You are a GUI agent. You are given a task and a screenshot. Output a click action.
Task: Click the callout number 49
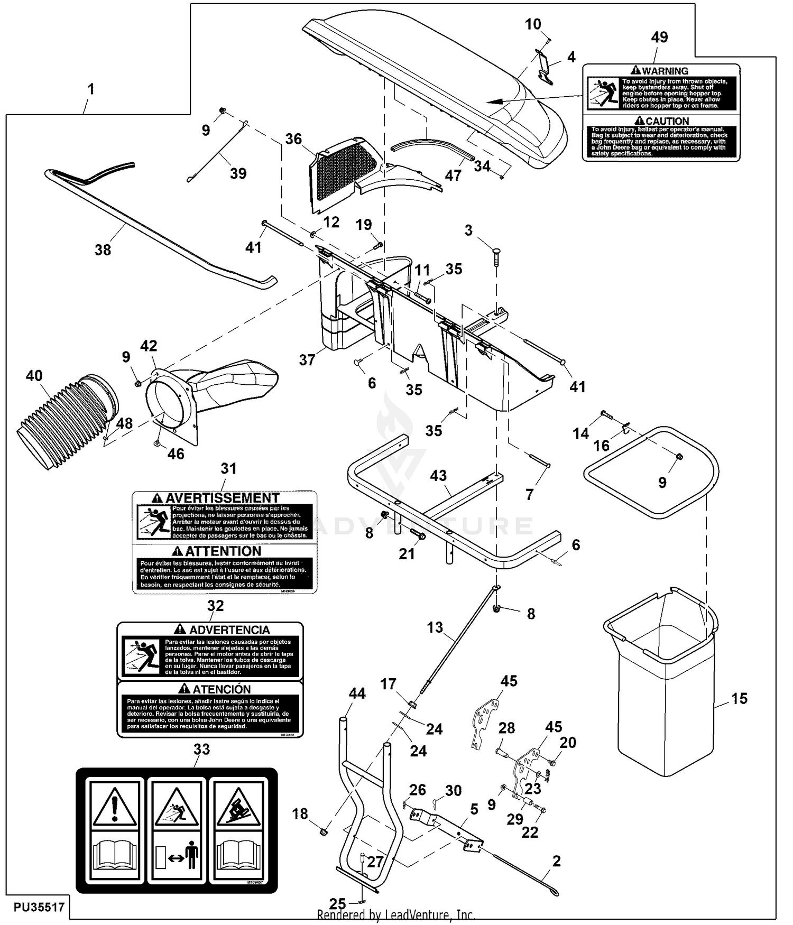coord(659,38)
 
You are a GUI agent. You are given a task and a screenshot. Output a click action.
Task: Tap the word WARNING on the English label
coord(665,71)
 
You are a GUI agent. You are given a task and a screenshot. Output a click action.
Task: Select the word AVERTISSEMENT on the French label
coord(222,498)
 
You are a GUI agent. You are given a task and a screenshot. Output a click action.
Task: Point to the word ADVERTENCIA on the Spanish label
coord(229,630)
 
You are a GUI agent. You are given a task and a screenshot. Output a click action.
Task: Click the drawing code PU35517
coord(39,907)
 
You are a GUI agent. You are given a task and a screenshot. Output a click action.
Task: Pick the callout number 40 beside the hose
coord(34,376)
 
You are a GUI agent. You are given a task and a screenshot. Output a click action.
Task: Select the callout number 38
coord(103,250)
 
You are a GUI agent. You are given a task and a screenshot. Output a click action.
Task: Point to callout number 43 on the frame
coord(438,476)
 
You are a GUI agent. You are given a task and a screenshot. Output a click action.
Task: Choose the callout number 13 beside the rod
coord(435,627)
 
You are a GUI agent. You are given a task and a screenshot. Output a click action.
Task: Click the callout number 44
coord(357,693)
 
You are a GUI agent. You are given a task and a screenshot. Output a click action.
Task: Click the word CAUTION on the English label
coord(667,121)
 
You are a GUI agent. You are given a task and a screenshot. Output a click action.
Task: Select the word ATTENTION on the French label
coord(223,551)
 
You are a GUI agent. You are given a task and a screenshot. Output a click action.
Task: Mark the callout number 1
coord(91,89)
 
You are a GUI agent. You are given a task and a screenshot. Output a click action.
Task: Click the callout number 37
coord(307,360)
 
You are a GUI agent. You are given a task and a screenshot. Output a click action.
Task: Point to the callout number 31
coord(228,468)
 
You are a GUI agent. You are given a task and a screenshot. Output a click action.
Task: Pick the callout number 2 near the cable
coord(556,861)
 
